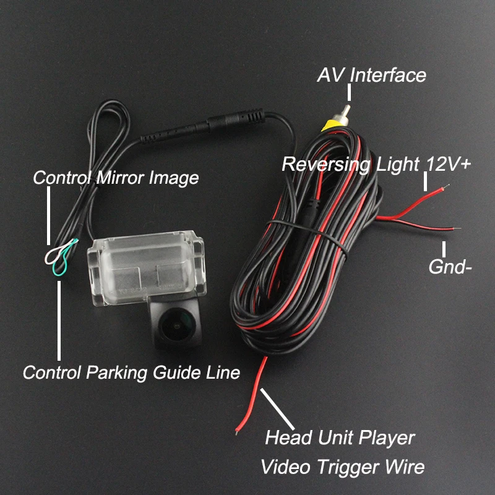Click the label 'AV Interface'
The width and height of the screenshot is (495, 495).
(x=371, y=75)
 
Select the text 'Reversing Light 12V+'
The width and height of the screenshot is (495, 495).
(x=376, y=165)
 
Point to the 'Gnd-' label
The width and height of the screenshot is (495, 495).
(x=450, y=267)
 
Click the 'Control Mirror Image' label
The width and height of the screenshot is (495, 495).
(x=116, y=178)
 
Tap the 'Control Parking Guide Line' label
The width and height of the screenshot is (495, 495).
(x=131, y=372)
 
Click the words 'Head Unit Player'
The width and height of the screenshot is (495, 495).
(x=340, y=438)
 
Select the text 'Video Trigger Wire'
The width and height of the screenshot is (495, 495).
(x=342, y=467)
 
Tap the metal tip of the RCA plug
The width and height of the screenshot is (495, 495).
(x=345, y=112)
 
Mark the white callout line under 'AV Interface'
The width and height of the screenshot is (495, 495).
(x=350, y=93)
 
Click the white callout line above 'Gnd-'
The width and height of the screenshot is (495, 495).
(x=444, y=249)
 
